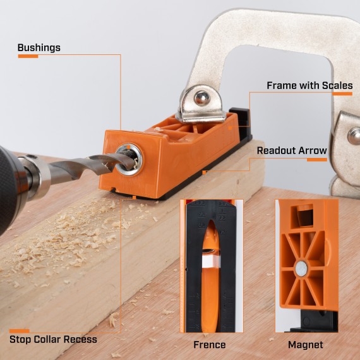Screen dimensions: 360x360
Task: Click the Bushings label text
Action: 39,47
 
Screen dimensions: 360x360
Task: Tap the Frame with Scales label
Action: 309,85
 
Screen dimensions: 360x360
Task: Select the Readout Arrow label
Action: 292,150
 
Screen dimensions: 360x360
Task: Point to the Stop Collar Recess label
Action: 53,339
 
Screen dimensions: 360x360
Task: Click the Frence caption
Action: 209,344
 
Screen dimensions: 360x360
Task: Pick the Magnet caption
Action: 305,344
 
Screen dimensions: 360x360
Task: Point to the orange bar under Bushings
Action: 28,57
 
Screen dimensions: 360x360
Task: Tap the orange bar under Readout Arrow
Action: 317,159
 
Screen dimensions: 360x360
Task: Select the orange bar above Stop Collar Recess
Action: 19,330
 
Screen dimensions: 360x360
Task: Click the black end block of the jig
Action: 240,120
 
